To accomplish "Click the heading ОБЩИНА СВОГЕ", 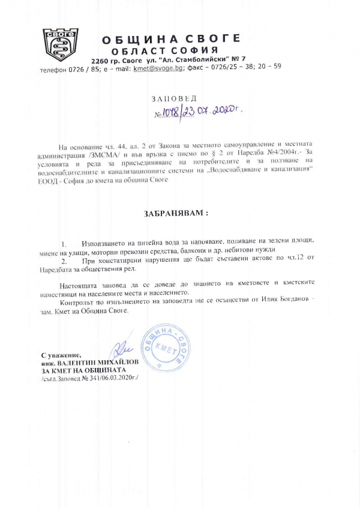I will [171, 40].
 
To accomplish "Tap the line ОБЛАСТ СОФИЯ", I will [165, 50].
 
